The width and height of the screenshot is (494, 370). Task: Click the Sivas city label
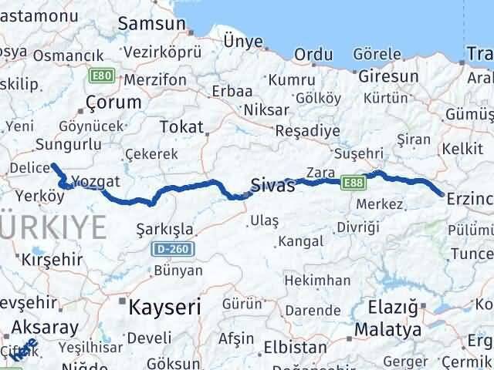[272, 185]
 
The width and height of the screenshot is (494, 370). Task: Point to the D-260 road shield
[172, 249]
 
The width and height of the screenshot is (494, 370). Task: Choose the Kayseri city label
[164, 306]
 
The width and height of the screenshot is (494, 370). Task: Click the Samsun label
[151, 23]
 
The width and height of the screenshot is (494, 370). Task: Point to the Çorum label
[113, 102]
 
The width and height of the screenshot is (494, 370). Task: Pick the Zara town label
[319, 171]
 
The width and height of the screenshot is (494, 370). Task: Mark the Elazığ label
[394, 308]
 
